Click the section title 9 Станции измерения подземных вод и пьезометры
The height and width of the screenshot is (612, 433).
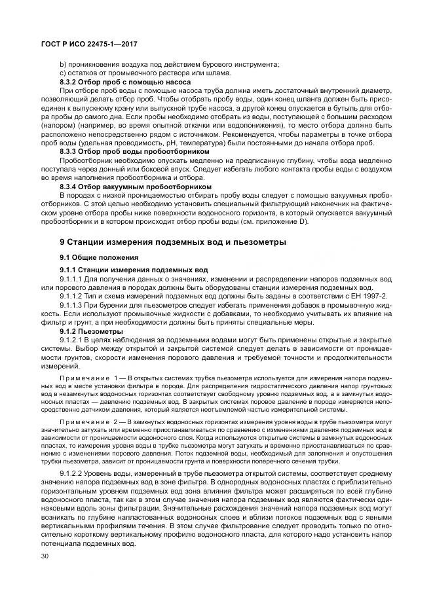click(173, 242)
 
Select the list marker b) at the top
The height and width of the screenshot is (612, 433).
click(63, 63)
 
